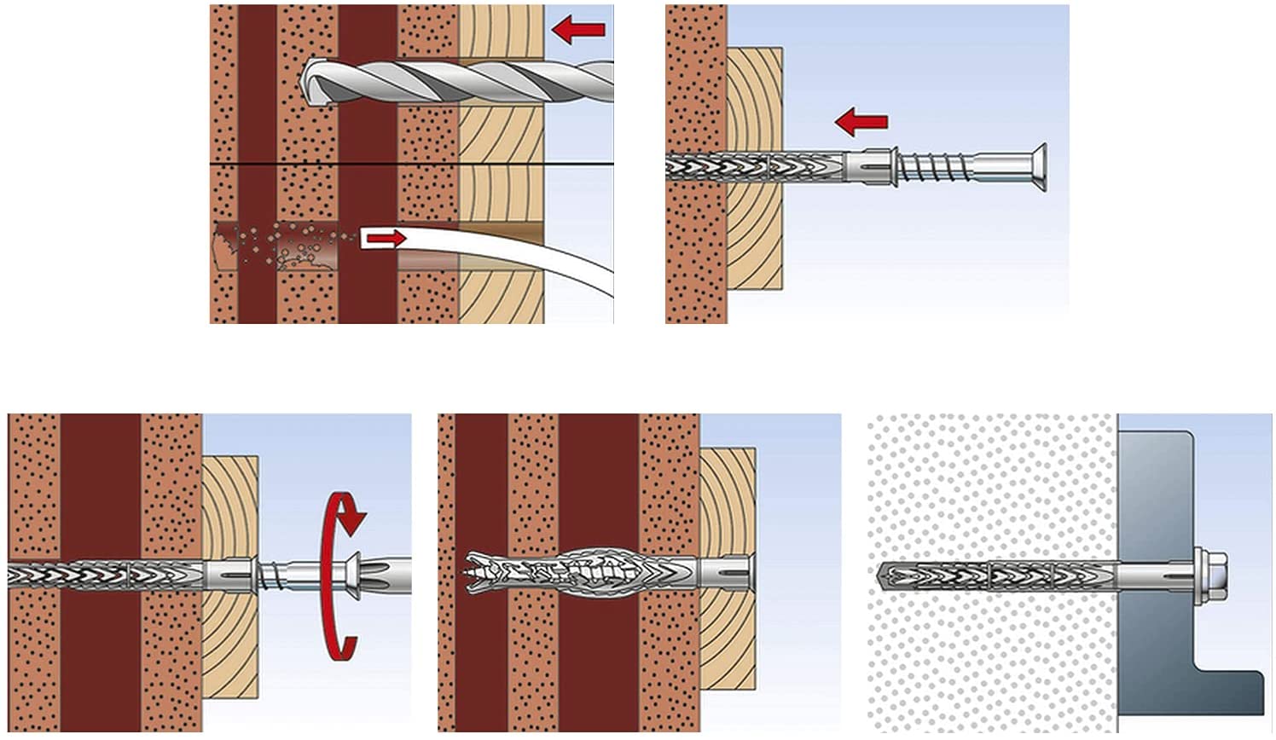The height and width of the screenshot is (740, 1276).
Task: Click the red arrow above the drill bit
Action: tap(578, 32)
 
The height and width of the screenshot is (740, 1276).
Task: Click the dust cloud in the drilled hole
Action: tap(281, 244)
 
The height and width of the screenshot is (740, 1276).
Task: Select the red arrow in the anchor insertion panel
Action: tap(861, 123)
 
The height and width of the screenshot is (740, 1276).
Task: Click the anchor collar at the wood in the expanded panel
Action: tap(730, 569)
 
